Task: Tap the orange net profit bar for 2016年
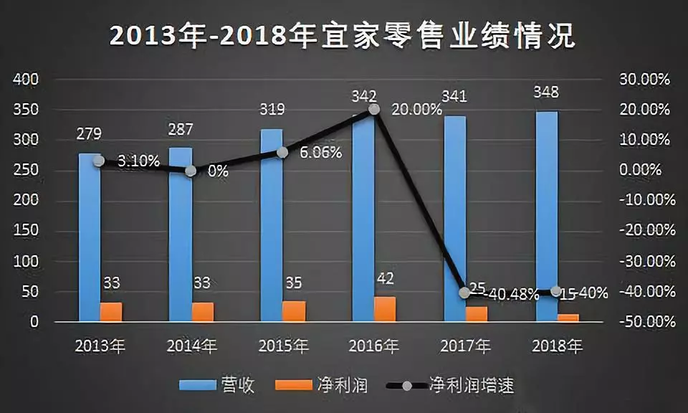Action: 385,309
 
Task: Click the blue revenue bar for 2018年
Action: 547,215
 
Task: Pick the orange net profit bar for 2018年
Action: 568,318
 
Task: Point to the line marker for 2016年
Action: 373,109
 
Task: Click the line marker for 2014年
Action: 191,171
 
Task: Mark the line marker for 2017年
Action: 464,293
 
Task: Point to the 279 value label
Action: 90,133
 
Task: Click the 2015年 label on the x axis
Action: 283,346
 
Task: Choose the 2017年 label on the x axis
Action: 467,346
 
